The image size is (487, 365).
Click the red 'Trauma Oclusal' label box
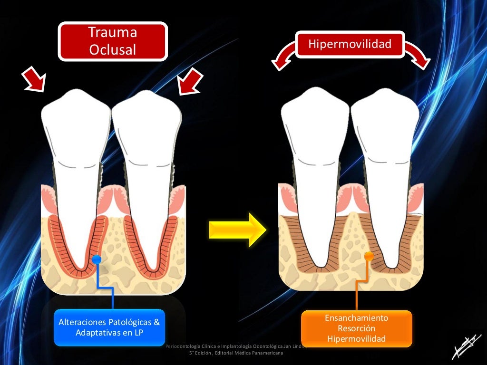[x=113, y=41]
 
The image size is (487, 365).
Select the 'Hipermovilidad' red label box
[x=350, y=45]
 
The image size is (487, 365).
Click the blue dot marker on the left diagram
[x=97, y=259]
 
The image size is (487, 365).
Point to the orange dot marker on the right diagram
[x=369, y=256]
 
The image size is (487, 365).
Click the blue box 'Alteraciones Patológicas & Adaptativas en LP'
[x=109, y=327]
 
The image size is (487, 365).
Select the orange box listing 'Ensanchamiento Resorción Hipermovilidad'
[x=356, y=328]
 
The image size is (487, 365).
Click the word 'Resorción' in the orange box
[x=356, y=328]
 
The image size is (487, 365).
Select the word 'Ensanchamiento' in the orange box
[x=356, y=318]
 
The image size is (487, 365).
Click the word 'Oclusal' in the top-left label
[x=112, y=49]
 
